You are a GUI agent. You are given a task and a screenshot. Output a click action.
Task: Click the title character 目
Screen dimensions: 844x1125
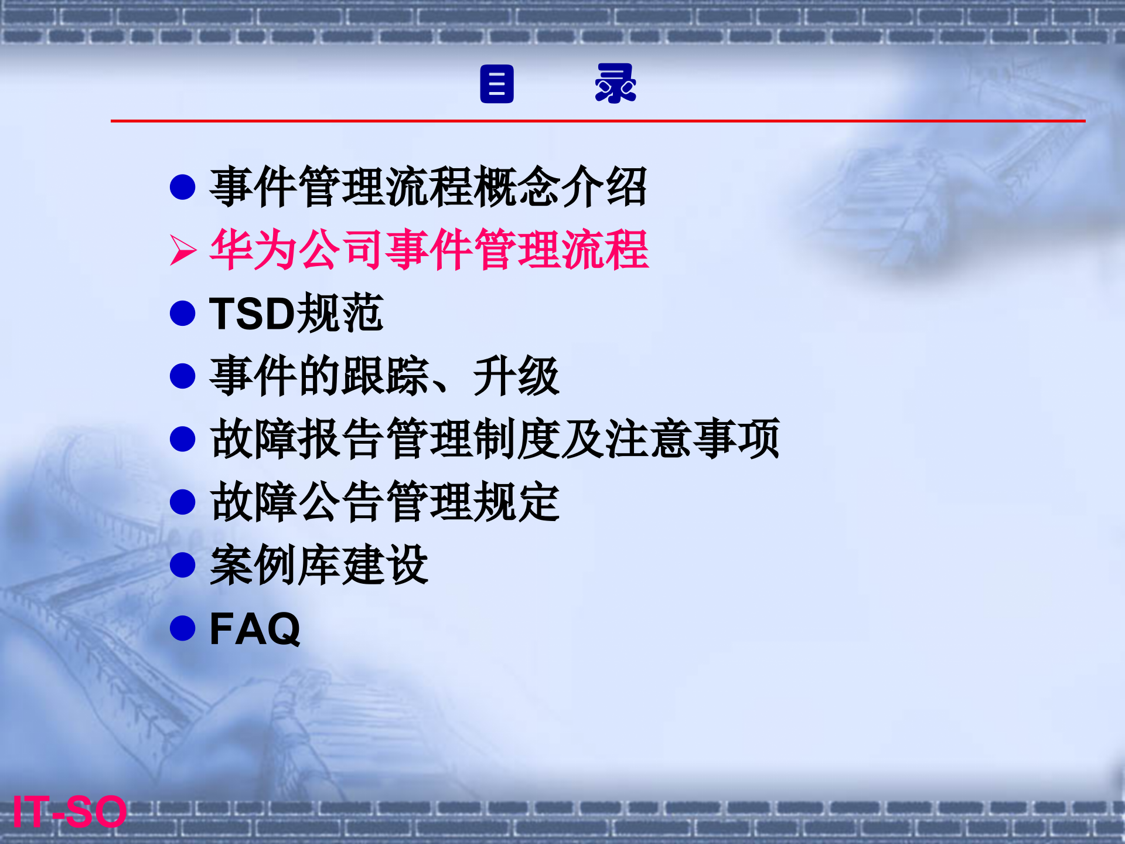497,84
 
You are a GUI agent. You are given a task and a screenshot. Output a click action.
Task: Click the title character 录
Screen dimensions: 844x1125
615,84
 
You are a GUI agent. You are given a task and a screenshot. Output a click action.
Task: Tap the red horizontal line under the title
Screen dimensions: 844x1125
598,121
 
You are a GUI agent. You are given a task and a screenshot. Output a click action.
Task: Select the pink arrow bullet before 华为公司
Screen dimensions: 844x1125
183,250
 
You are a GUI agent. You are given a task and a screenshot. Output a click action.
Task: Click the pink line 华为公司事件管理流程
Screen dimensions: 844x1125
429,250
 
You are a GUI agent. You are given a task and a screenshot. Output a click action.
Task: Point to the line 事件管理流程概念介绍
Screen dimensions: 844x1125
428,187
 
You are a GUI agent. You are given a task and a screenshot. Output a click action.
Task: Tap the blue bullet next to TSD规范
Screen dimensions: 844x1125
182,314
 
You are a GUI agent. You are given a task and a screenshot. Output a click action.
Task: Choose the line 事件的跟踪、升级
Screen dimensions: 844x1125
384,376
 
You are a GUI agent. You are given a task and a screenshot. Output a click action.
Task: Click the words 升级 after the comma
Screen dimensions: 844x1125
516,376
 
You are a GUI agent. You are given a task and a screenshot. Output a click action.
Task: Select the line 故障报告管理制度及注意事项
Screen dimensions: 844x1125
495,439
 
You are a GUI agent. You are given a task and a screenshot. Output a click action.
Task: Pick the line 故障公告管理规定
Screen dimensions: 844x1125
384,502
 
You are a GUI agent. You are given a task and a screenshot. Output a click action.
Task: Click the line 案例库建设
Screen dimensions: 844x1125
319,566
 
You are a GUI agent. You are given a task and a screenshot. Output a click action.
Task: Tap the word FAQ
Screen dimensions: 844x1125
255,629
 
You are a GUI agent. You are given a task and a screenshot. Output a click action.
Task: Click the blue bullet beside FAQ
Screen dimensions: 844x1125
182,628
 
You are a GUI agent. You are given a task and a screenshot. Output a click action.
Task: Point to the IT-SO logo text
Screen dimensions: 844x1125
69,812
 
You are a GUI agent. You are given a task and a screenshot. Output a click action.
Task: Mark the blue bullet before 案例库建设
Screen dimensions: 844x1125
182,565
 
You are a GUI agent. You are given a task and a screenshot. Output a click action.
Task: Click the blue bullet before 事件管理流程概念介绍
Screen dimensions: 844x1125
182,187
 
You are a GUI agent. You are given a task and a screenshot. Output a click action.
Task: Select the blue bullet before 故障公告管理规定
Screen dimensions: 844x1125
182,502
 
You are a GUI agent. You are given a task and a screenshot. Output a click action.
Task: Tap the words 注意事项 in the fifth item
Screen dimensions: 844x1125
691,439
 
